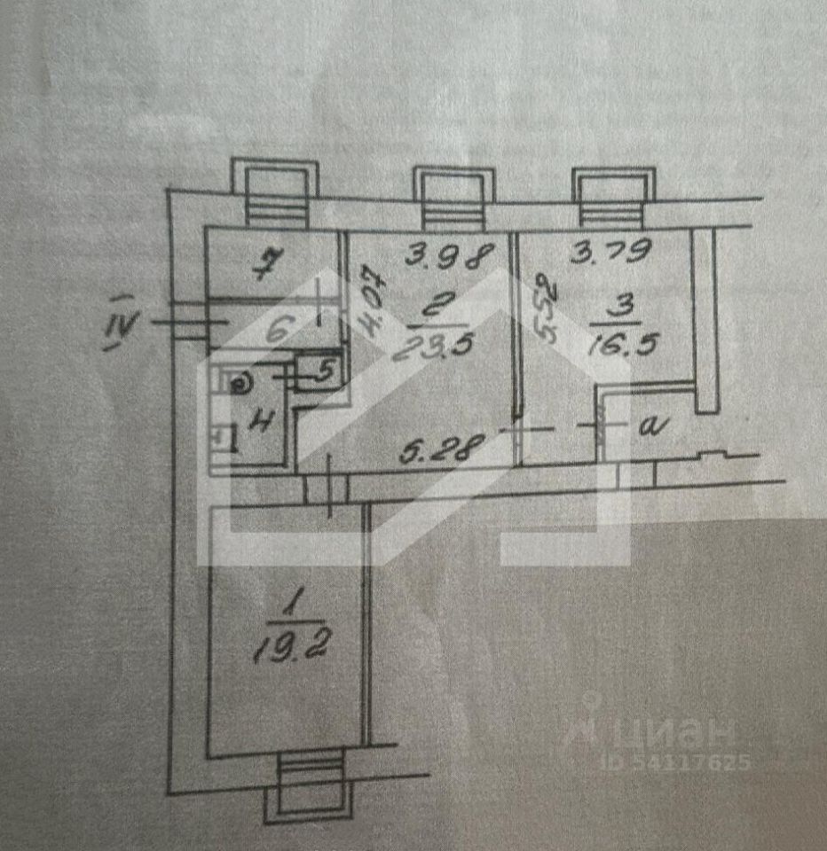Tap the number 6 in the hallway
(276, 332)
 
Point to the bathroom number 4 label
(258, 422)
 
